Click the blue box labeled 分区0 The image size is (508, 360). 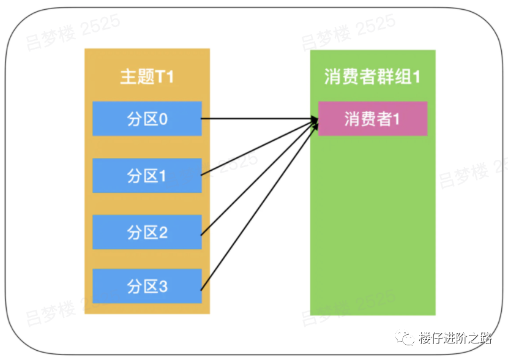pos(147,119)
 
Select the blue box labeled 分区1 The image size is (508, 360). pos(147,176)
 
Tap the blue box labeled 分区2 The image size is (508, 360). pos(147,232)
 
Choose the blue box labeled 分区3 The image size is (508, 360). pos(147,286)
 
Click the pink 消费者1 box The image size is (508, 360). pos(372,119)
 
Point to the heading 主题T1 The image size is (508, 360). pos(147,77)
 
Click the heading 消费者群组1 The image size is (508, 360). pos(372,77)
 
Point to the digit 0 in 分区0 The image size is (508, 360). pos(163,119)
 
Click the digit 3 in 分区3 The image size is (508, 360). pos(163,286)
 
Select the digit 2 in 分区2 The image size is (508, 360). pos(163,232)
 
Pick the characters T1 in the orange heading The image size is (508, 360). pos(165,77)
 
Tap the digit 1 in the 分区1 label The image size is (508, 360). pos(163,176)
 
